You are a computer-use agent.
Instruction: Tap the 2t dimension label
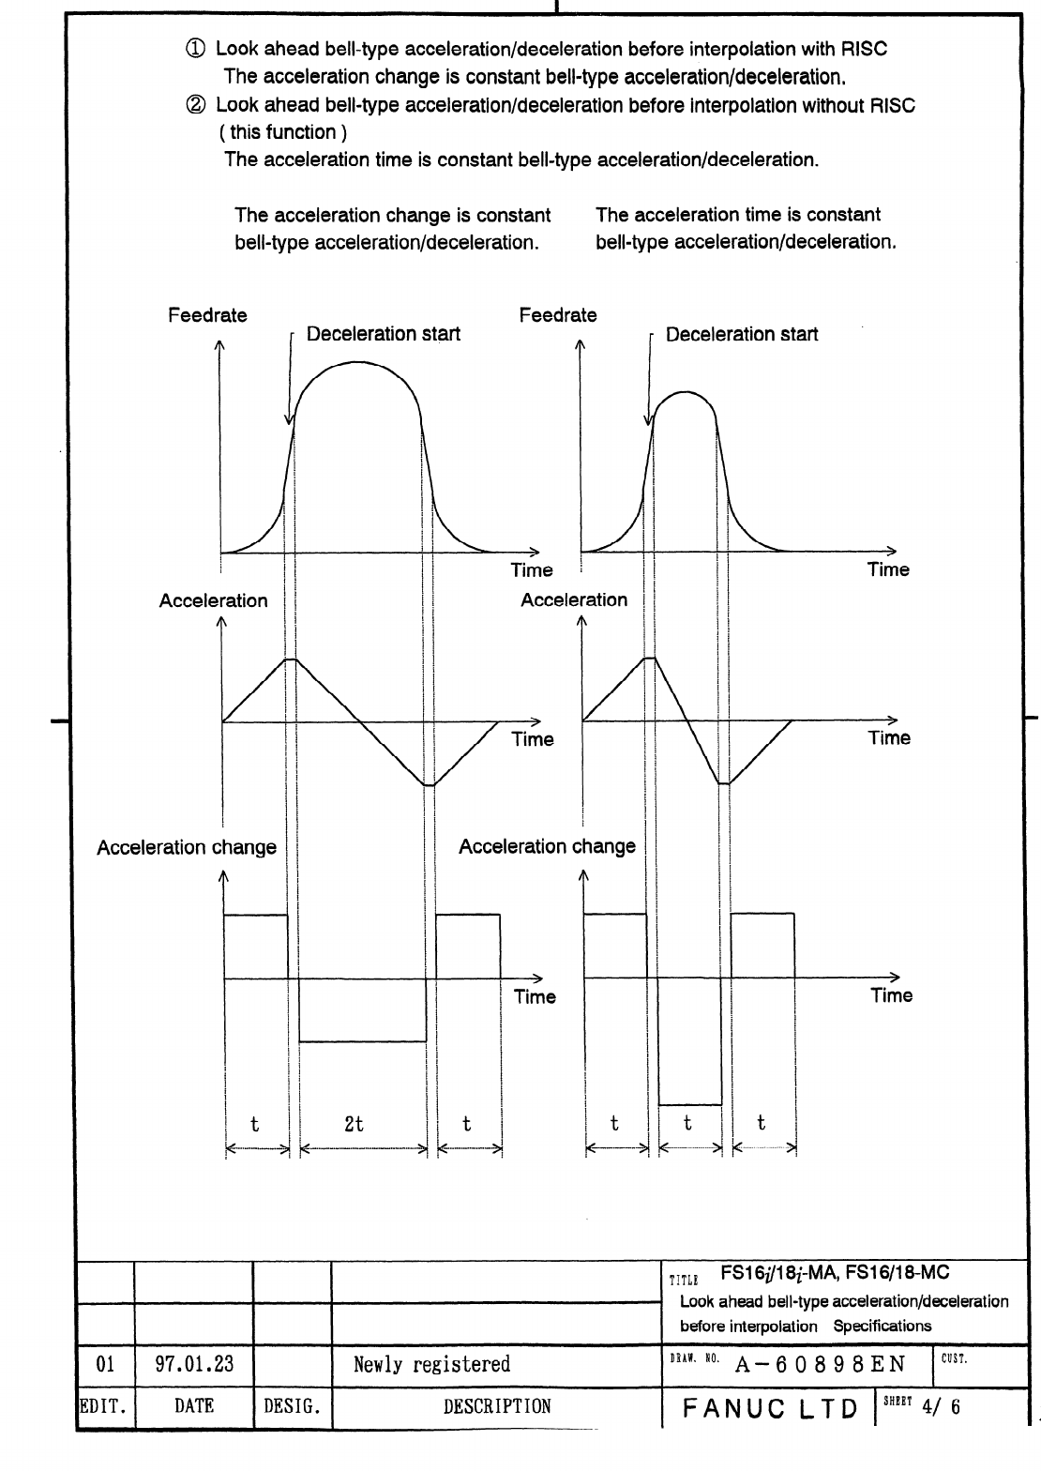354,1123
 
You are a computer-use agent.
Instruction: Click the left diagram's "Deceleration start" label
384,334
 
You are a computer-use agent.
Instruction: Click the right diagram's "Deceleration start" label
741,334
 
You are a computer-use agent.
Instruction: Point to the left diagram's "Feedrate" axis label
207,315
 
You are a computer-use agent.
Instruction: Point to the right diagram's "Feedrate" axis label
558,315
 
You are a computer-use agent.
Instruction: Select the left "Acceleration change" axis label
187,848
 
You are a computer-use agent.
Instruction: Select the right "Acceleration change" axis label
547,846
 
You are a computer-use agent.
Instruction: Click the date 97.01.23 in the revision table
194,1363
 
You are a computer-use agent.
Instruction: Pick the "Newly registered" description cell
431,1364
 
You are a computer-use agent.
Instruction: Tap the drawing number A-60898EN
820,1364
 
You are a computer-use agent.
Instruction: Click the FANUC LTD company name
771,1409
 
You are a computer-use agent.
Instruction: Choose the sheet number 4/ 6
943,1407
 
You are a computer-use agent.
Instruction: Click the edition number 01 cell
105,1363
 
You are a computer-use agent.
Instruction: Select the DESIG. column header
292,1407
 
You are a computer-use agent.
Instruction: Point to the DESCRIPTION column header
497,1407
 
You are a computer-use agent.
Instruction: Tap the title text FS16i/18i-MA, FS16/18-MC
835,1273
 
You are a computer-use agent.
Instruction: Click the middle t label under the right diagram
687,1123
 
